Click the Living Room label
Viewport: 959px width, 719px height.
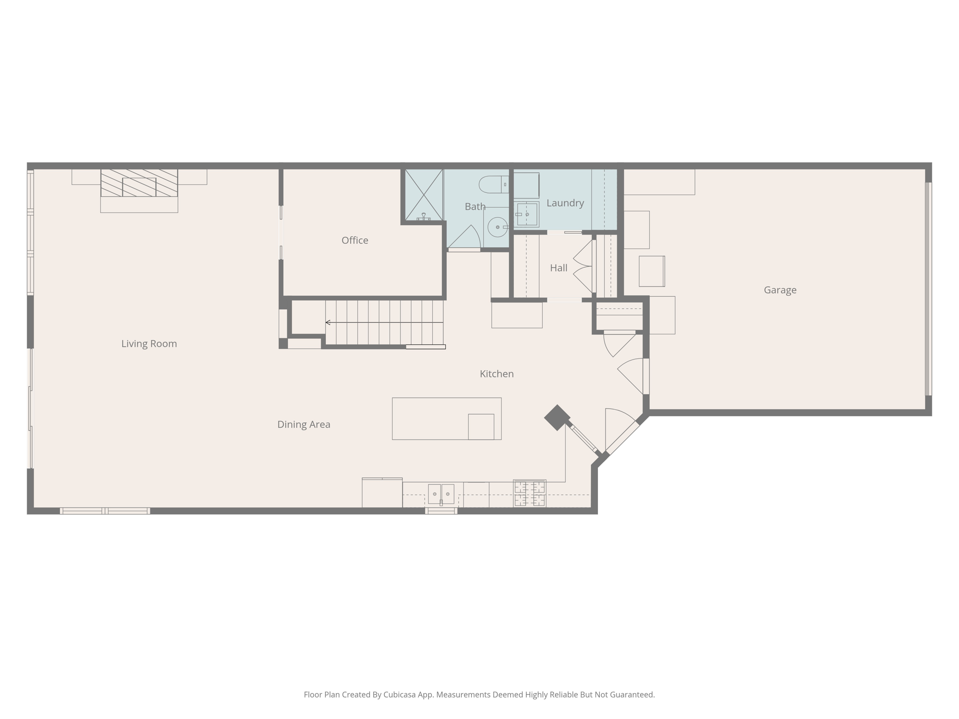[149, 344]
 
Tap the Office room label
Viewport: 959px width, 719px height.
[354, 240]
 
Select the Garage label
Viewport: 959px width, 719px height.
[780, 290]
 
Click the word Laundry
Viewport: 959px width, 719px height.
[565, 203]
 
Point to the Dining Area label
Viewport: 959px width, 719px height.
[303, 424]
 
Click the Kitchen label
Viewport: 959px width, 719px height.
[496, 374]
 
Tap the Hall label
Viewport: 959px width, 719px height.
[558, 268]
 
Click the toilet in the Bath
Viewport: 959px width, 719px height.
[493, 184]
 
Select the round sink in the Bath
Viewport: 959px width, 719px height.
[497, 227]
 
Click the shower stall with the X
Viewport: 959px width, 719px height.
[423, 195]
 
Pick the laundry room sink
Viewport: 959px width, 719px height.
[526, 214]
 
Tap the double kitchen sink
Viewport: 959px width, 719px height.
[441, 494]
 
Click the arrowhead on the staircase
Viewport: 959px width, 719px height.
[328, 323]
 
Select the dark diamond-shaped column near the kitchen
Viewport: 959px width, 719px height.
[557, 418]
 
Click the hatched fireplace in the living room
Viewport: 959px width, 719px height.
[139, 183]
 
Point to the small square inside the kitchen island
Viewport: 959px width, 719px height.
[481, 426]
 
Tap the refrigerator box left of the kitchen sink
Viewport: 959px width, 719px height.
[382, 493]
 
